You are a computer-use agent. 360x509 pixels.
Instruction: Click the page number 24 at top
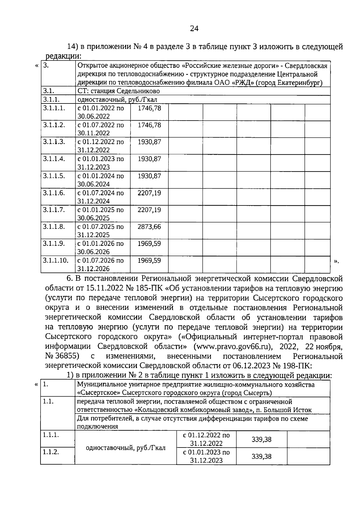(x=194, y=28)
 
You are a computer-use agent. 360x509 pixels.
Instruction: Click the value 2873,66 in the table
(x=149, y=227)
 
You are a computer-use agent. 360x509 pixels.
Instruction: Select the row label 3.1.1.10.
(x=55, y=260)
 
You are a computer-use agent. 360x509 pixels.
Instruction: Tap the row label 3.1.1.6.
(x=54, y=193)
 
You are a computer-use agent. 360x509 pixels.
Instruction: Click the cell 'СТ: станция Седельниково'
(x=118, y=91)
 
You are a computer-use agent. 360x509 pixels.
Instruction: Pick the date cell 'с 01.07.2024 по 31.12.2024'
(x=100, y=197)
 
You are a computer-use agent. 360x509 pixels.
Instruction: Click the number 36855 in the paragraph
(x=67, y=356)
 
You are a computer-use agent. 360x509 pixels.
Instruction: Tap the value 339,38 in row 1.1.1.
(x=261, y=439)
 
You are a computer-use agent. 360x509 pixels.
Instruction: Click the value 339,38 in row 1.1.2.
(x=261, y=456)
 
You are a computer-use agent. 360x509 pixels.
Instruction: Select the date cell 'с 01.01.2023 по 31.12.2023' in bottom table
(x=206, y=456)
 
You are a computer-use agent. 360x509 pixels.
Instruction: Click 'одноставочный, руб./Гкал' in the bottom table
(x=125, y=448)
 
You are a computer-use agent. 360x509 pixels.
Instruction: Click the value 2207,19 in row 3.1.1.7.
(x=149, y=210)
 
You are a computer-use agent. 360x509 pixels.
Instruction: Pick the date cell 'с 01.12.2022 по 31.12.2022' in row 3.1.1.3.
(x=100, y=146)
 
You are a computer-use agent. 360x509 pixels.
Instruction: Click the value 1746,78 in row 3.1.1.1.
(x=149, y=108)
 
